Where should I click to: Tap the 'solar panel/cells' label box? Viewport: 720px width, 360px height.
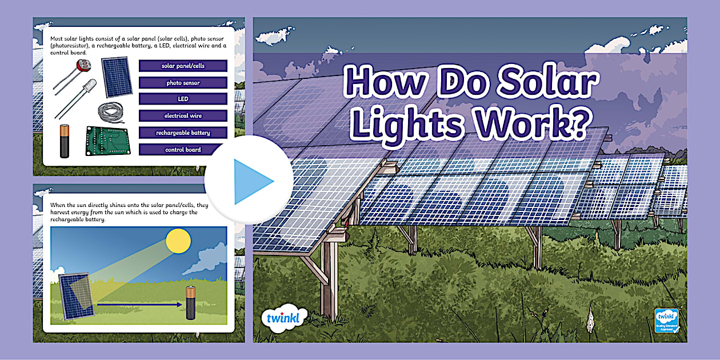click(x=183, y=66)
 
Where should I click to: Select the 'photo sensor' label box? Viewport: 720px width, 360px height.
click(x=183, y=83)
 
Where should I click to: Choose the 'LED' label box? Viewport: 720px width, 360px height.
click(x=183, y=99)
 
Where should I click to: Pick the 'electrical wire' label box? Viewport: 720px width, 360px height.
click(x=183, y=115)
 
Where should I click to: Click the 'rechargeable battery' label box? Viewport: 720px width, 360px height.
click(x=183, y=133)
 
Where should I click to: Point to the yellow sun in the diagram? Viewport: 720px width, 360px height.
click(x=178, y=241)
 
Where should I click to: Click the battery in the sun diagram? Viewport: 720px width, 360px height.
click(x=191, y=303)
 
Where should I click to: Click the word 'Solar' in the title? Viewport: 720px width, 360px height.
click(x=543, y=83)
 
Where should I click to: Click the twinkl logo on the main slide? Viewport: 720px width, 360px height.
click(x=283, y=317)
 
